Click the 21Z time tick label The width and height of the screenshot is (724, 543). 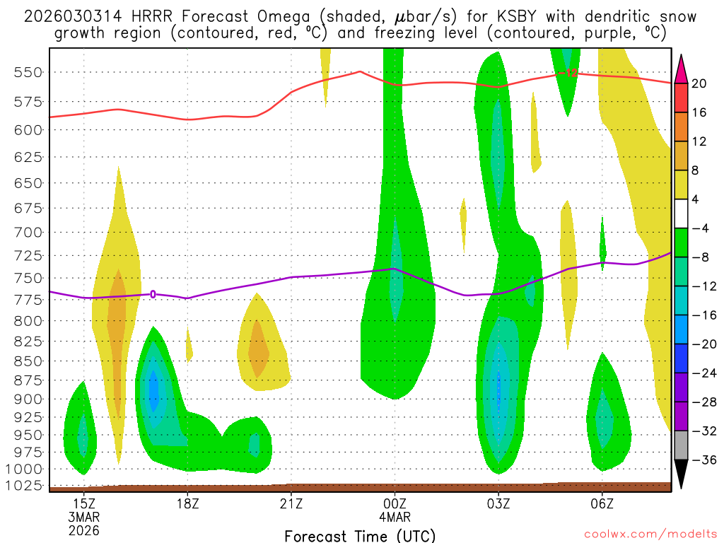[291, 504]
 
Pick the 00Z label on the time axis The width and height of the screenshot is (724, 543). [395, 504]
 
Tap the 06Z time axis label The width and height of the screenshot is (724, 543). [602, 504]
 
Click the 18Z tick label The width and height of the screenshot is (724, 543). [187, 504]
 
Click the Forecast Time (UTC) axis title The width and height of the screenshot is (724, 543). [360, 535]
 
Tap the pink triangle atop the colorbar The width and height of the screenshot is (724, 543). [682, 68]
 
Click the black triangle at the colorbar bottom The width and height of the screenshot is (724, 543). [682, 474]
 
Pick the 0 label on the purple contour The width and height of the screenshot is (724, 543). [153, 293]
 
